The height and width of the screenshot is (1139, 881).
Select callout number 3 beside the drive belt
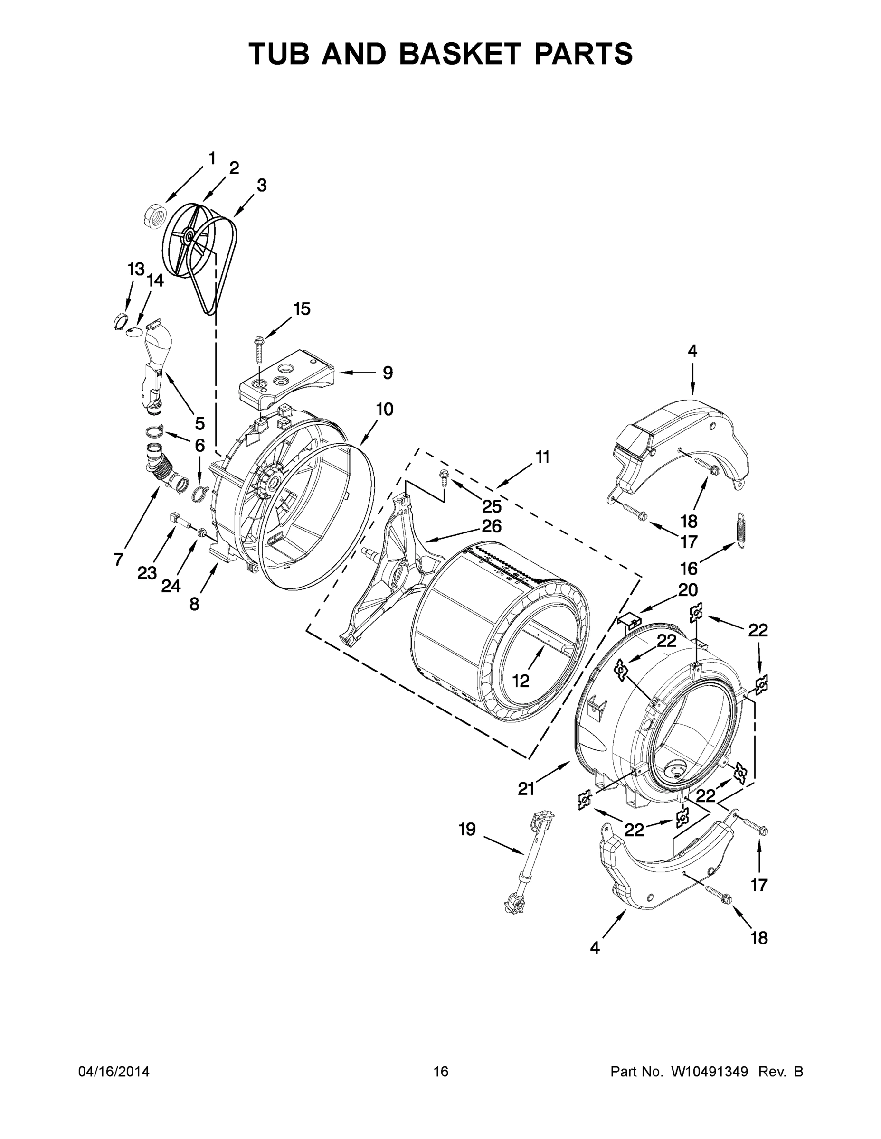(262, 185)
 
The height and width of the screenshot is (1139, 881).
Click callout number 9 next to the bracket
(387, 373)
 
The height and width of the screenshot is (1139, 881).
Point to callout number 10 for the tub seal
(384, 410)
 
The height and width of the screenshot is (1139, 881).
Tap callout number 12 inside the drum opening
(521, 681)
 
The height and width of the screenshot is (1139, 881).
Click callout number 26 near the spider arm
(491, 526)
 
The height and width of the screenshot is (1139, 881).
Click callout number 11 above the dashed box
(542, 457)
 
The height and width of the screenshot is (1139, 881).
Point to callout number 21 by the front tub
(526, 789)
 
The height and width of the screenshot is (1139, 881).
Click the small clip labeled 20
(629, 620)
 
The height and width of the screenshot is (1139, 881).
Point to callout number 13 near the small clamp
(136, 270)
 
